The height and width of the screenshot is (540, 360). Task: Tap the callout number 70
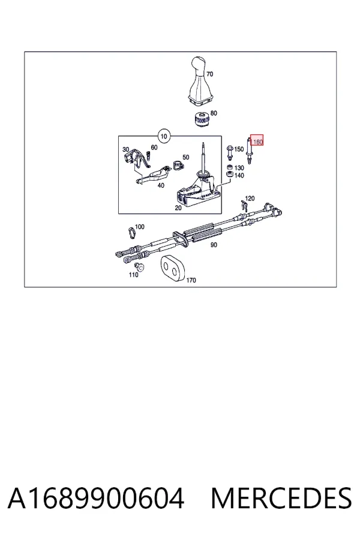coord(209,74)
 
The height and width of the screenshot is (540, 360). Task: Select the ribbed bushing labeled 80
coord(200,119)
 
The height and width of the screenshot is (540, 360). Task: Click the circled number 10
coord(164,136)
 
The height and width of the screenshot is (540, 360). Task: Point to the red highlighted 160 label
coord(257,140)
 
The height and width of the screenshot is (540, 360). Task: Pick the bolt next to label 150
coord(229,153)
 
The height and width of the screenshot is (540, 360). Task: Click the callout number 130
coord(239,168)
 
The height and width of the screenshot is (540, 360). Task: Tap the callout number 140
coord(239,176)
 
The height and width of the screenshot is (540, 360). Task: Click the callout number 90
coord(214,245)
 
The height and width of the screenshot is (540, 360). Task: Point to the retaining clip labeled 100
coord(131,232)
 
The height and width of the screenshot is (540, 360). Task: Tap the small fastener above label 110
coord(140,266)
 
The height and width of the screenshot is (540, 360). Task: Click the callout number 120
coord(250,199)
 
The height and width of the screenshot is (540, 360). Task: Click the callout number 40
coord(161,185)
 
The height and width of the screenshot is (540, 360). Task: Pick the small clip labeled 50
coord(178,166)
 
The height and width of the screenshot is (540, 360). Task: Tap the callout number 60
coord(154,148)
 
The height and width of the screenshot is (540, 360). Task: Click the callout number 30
coord(126,149)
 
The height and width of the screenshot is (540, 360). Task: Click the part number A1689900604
coord(96,498)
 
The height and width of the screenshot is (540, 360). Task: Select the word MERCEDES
coord(281,498)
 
